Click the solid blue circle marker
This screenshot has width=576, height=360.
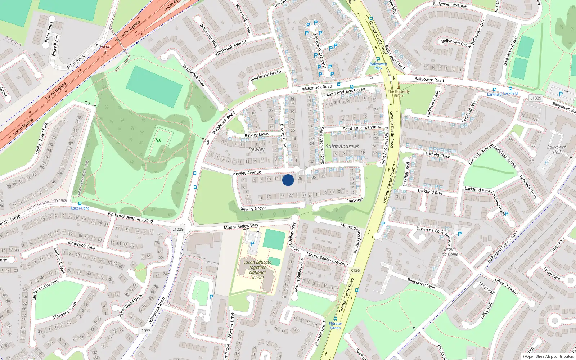(288, 180)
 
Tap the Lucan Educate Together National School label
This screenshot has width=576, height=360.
(257, 270)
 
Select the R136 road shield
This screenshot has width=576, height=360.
(355, 270)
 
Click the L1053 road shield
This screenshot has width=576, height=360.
(145, 330)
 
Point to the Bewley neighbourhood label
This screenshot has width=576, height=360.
(256, 149)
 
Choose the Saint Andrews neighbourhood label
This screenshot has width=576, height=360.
(342, 147)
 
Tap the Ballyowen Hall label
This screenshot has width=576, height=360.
(557, 149)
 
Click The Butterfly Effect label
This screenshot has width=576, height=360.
(399, 94)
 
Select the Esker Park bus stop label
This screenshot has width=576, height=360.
(80, 208)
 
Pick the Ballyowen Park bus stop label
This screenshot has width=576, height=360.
(378, 66)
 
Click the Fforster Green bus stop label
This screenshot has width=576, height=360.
(336, 325)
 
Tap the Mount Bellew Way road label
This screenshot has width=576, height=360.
(241, 226)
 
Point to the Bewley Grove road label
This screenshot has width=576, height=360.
(253, 208)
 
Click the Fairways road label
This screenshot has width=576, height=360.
(355, 200)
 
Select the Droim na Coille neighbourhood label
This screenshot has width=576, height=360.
(450, 252)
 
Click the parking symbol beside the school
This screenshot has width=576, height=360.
(252, 244)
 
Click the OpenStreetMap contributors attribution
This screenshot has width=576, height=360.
(548, 356)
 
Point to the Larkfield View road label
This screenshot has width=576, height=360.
(477, 189)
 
